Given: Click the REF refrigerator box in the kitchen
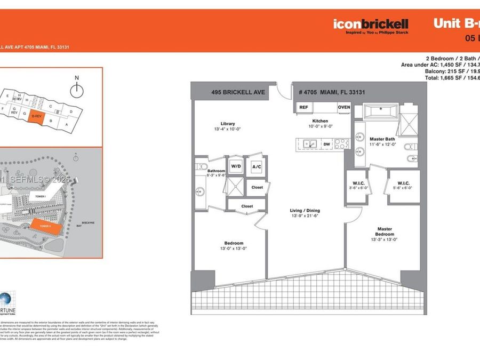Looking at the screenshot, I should tap(303, 107).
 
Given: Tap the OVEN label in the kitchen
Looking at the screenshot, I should tap(343, 107).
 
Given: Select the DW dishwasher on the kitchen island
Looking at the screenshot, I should tap(327, 144).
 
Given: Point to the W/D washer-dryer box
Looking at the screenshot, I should tap(236, 166).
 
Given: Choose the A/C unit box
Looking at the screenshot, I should tap(256, 166).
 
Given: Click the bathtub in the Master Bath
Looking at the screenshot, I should tap(381, 113).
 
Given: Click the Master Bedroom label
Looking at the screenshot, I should tap(383, 231).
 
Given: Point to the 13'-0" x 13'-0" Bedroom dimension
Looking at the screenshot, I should tap(230, 248).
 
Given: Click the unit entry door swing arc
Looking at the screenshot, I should tap(284, 91).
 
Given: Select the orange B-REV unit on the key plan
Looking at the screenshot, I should tap(36, 116).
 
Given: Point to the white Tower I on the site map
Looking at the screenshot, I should tap(40, 196).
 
